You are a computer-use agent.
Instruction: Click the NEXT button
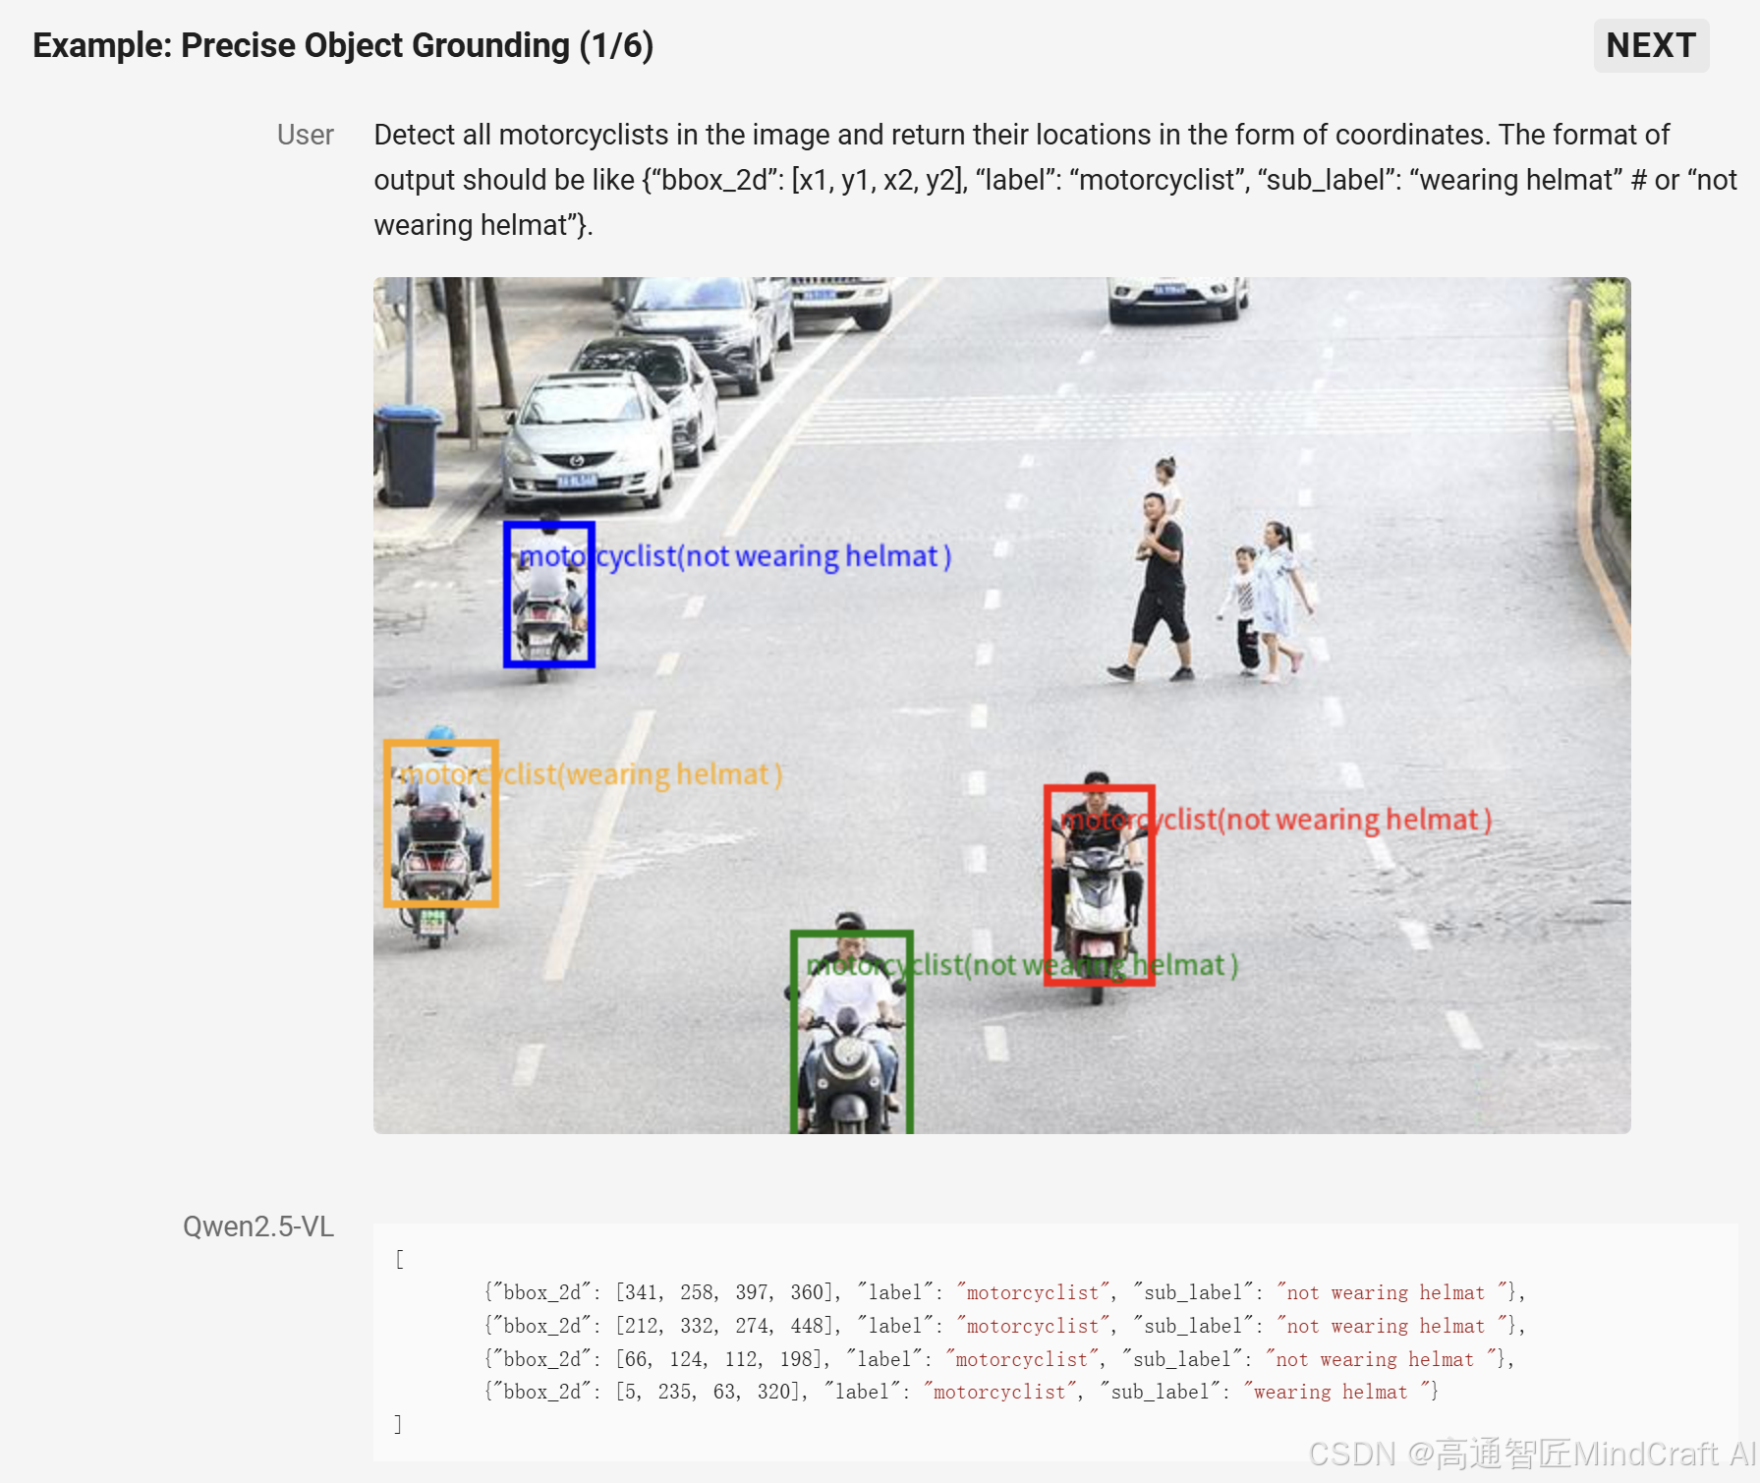pos(1651,45)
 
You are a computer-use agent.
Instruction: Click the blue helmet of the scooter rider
pos(441,738)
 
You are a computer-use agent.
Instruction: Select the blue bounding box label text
pos(735,556)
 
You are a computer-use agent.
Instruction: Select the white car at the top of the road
pos(1177,296)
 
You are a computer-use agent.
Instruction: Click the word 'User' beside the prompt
pos(305,135)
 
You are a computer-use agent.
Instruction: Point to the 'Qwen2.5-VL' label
pos(258,1226)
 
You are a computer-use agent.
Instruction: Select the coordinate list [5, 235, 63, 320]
pos(711,1392)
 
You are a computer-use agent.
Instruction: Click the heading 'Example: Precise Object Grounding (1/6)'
pos(343,45)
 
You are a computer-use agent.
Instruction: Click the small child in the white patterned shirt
pos(1243,609)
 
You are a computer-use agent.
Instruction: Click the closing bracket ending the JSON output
pos(398,1424)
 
